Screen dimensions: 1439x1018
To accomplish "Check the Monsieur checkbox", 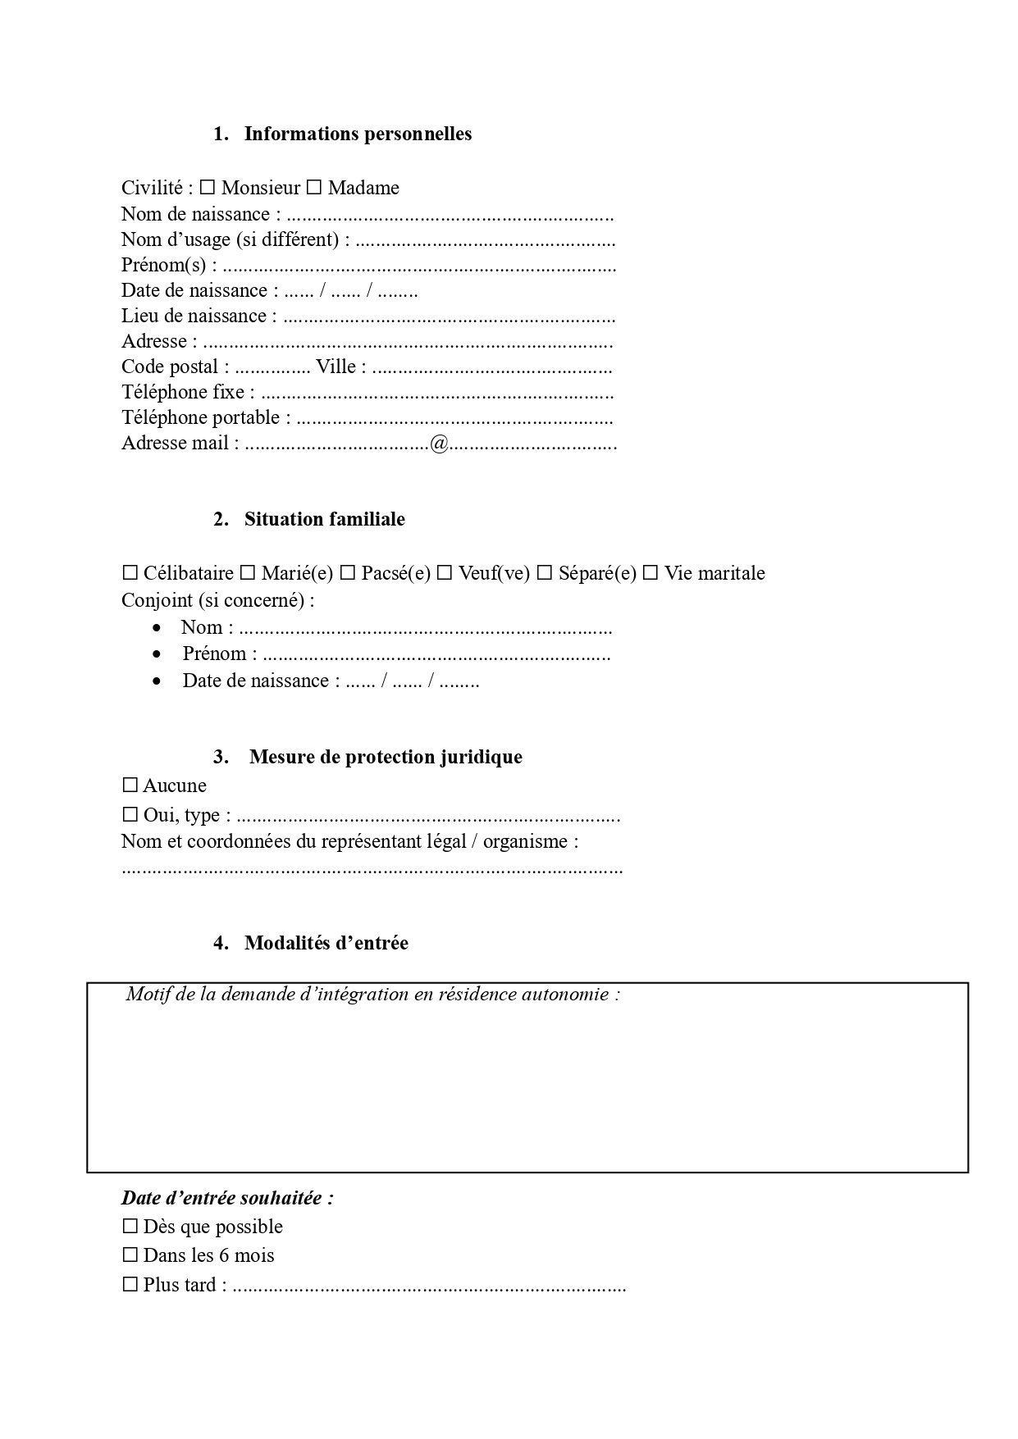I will (208, 188).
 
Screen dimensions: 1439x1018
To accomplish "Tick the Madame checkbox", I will (314, 188).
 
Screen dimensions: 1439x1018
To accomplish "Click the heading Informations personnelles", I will (358, 134).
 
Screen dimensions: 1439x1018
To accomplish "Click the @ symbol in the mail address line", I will (439, 444).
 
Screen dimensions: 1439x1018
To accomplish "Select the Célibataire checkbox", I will (130, 573).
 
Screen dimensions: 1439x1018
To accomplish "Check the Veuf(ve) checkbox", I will (445, 573).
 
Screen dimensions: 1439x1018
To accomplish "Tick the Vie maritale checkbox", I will (651, 573).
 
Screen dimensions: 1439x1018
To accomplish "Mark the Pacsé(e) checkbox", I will (348, 573).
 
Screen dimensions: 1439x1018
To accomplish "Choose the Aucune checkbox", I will (130, 786).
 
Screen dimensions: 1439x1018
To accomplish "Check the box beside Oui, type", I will (130, 815).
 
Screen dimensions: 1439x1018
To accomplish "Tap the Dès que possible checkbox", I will (130, 1227).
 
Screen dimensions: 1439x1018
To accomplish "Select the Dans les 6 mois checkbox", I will (130, 1255).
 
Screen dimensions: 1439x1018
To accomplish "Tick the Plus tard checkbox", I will (130, 1285).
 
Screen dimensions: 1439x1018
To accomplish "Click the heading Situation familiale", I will (324, 519).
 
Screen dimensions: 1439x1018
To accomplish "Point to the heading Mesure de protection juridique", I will (386, 756).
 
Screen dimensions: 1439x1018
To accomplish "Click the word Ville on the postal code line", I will (336, 367).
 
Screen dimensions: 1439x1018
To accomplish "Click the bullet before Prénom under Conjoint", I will (157, 654).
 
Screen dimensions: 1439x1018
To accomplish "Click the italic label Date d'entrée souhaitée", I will (227, 1198).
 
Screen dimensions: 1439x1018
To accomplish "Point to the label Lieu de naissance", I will (194, 316).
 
